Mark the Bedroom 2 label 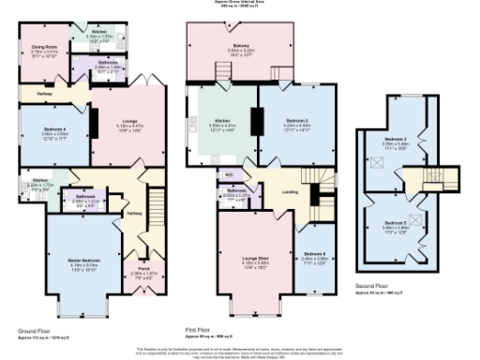point(297,122)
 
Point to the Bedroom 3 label point(393,140)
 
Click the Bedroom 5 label point(393,198)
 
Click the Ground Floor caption point(36,331)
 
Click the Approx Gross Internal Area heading point(240,4)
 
